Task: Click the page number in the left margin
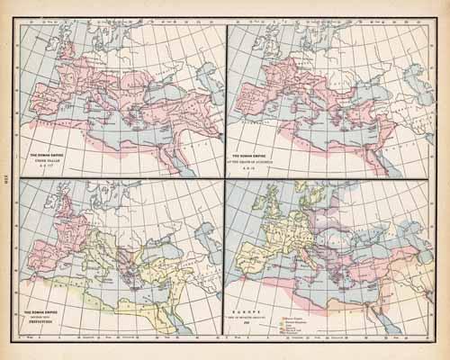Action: (x=8, y=180)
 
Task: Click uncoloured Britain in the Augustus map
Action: (x=271, y=50)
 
